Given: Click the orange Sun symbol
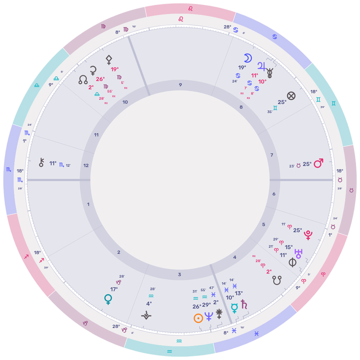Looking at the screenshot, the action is click(198, 318).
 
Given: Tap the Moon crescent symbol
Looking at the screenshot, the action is click(248, 58).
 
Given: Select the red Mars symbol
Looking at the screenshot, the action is click(318, 163).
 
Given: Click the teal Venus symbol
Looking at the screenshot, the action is click(108, 299).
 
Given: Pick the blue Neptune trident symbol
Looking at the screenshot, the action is click(209, 317).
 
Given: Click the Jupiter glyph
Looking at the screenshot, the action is click(261, 66).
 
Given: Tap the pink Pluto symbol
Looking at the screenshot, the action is click(308, 235).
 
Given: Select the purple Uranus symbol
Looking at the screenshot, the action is click(298, 252).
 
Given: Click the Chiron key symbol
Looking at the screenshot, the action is click(41, 163).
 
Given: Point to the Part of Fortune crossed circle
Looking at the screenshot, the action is click(291, 96).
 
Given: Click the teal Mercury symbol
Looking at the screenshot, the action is click(234, 308).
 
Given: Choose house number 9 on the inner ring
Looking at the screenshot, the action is click(180, 85).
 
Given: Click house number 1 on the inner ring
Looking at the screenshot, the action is click(88, 204).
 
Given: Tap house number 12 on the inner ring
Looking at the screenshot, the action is click(86, 166).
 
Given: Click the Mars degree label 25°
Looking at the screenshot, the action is click(307, 164).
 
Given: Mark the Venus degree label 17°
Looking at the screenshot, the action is click(114, 289).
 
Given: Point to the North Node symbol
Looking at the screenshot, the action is click(83, 80).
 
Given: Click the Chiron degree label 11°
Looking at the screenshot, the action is click(53, 163).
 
